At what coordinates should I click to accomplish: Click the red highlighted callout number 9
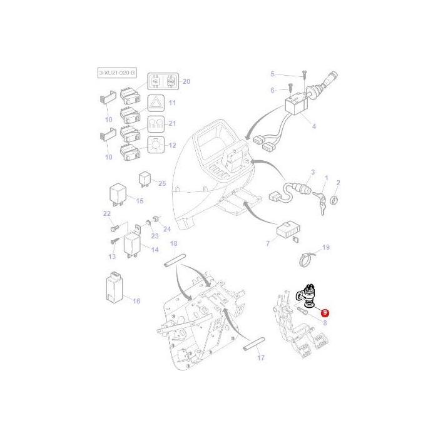325,312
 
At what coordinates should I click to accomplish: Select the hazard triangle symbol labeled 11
155,103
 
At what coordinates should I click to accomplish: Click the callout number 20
186,82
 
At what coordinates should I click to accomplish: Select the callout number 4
313,126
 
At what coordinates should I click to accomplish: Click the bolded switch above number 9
307,294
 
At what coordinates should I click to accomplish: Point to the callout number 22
106,214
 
